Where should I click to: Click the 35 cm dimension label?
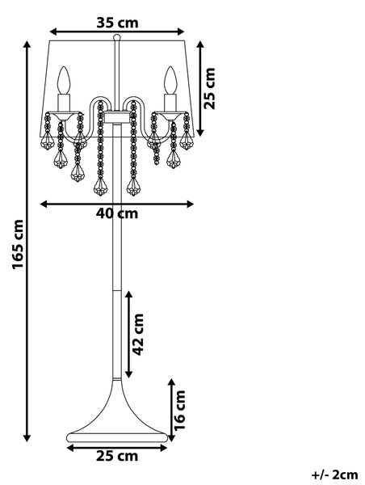tap(117, 23)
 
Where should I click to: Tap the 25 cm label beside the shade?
tap(209, 88)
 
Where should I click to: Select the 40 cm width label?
tap(117, 213)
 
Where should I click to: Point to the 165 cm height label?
tap(18, 244)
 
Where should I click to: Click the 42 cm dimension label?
tap(138, 335)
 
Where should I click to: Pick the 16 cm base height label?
tap(179, 410)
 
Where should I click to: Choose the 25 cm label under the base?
tap(117, 456)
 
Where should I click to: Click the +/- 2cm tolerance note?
tap(334, 474)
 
